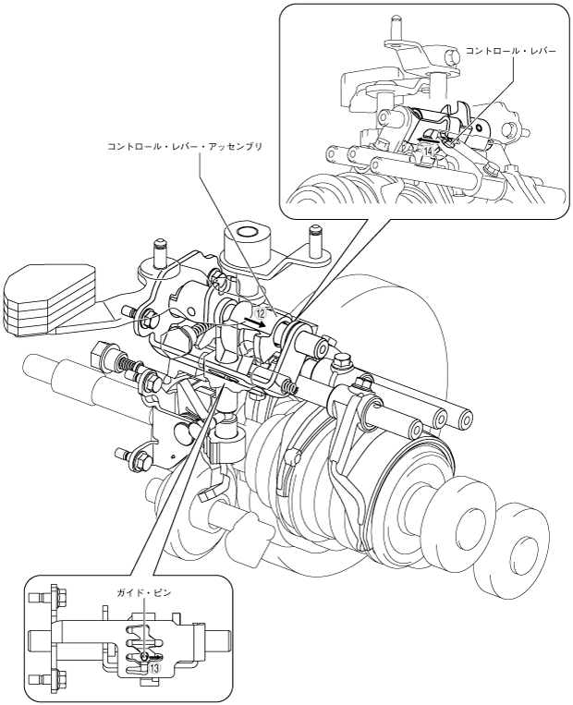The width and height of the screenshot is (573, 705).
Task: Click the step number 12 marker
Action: pos(262,313)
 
